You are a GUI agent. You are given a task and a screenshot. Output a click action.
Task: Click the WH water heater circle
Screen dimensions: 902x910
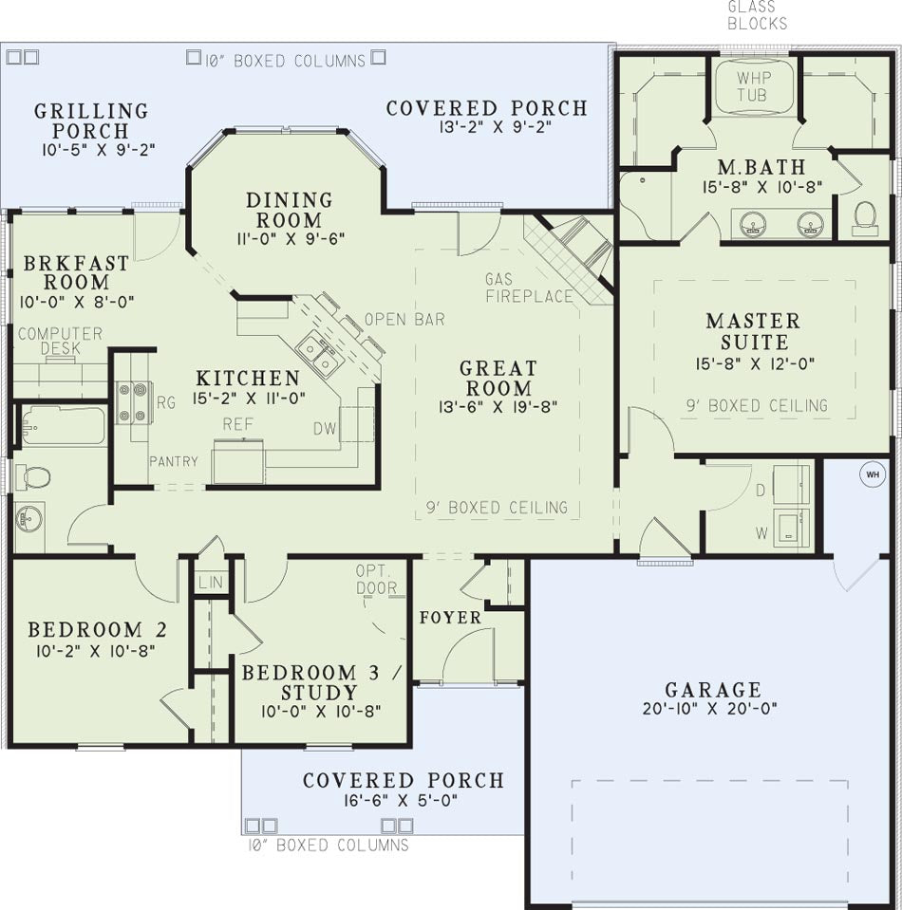point(873,474)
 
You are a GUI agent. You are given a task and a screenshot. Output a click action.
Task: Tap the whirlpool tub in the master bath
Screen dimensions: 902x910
point(753,86)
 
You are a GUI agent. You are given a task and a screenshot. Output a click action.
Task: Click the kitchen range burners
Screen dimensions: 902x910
point(132,402)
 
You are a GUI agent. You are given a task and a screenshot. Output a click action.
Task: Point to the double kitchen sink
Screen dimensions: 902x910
point(318,355)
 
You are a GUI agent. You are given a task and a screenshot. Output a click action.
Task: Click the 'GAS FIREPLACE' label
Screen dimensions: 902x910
point(529,288)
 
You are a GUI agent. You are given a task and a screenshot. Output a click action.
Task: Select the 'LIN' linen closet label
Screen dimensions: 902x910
point(210,582)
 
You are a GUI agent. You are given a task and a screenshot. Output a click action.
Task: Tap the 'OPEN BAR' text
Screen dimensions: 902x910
point(404,319)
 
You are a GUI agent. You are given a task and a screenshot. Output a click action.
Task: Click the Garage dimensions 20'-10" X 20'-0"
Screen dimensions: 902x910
point(710,709)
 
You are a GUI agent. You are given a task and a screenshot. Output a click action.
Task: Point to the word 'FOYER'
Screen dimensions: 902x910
point(451,618)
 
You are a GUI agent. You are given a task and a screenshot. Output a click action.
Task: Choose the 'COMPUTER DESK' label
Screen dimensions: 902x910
point(61,341)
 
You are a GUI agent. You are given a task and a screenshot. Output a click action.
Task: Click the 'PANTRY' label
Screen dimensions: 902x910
point(174,461)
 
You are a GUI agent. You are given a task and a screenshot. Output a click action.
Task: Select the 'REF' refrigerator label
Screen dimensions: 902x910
point(238,424)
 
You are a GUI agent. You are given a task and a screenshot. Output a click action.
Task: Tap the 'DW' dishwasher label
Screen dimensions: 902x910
point(326,429)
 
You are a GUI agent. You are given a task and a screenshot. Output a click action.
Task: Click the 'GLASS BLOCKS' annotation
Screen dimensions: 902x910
point(757,15)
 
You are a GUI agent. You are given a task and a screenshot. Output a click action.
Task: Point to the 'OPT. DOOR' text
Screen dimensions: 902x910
point(376,579)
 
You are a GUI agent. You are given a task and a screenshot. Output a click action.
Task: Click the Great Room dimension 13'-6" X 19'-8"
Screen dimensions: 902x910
point(498,406)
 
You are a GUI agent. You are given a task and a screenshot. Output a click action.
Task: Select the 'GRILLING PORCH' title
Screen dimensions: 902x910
point(91,121)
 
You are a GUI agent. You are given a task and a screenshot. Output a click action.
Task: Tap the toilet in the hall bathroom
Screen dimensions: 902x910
point(32,477)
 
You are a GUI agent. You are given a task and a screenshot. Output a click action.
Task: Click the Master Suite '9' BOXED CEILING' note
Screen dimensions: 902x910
point(757,406)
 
